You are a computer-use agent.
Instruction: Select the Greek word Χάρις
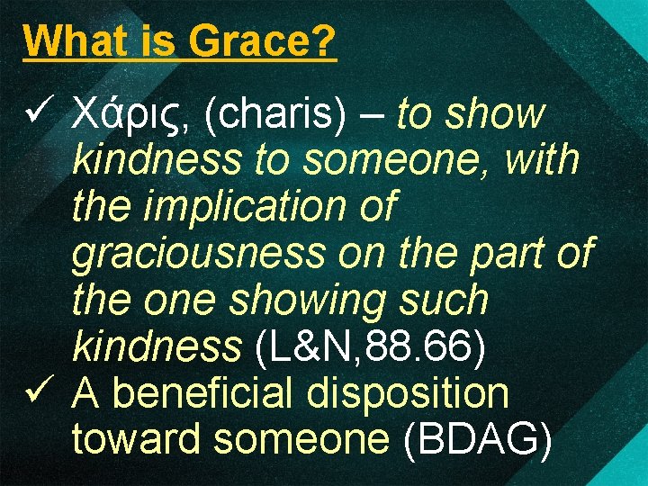coord(131,115)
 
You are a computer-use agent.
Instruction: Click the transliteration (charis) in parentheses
coord(275,115)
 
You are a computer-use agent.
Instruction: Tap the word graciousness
coord(198,254)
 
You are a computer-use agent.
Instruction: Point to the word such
coord(445,300)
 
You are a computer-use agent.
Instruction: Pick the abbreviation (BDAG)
coord(478,439)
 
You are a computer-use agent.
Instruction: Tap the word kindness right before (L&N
coord(158,346)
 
